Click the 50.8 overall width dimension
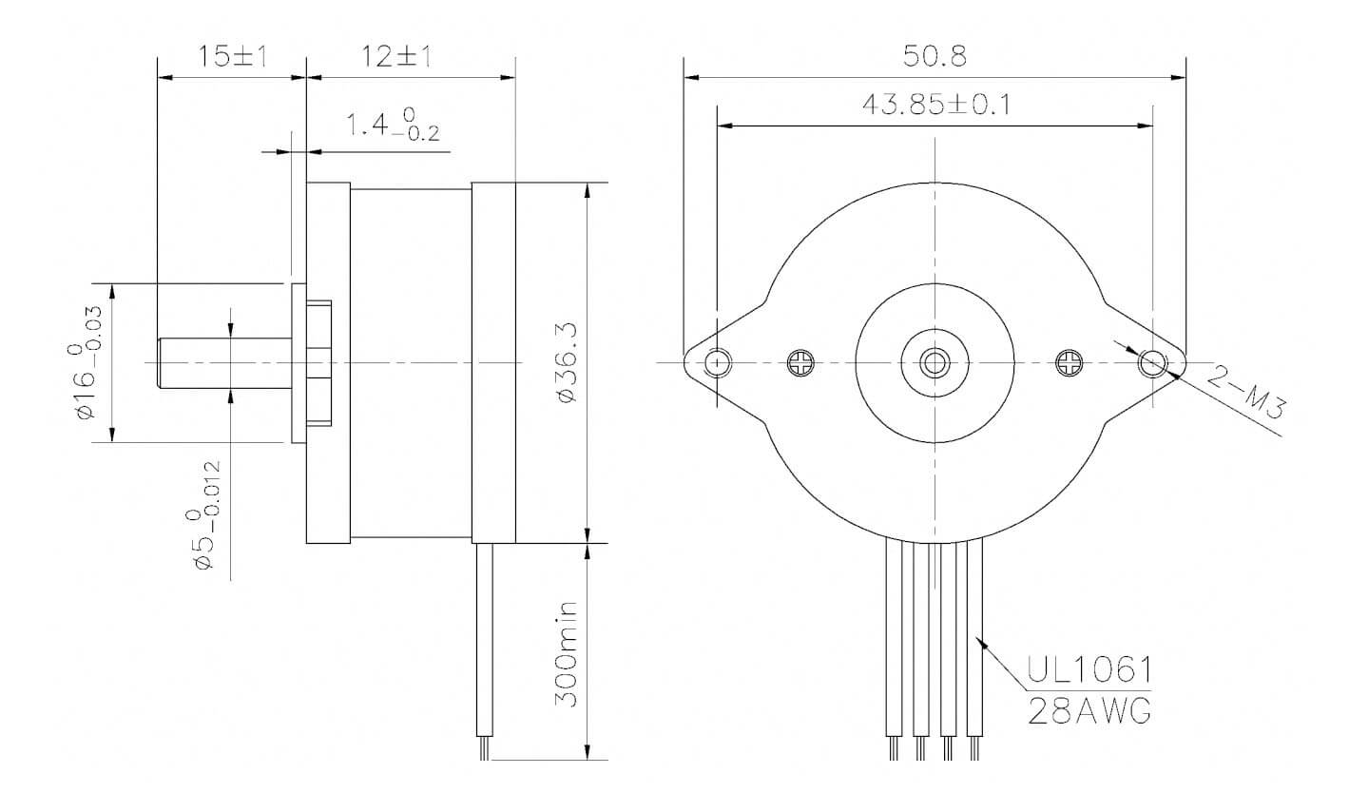pyautogui.click(x=935, y=57)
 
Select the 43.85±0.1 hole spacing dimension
pyautogui.click(x=935, y=105)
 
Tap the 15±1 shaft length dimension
pyautogui.click(x=231, y=57)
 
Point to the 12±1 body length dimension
pyautogui.click(x=396, y=57)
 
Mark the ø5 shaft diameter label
pyautogui.click(x=205, y=513)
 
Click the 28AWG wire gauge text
pyautogui.click(x=1089, y=709)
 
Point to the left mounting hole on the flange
pyautogui.click(x=719, y=362)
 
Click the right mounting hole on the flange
pyautogui.click(x=1153, y=362)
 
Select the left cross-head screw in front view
pyautogui.click(x=800, y=362)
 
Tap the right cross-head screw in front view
pyautogui.click(x=1070, y=362)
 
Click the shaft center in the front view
pyautogui.click(x=935, y=362)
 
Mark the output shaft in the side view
pyautogui.click(x=223, y=362)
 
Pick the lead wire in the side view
pyautogui.click(x=484, y=647)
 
